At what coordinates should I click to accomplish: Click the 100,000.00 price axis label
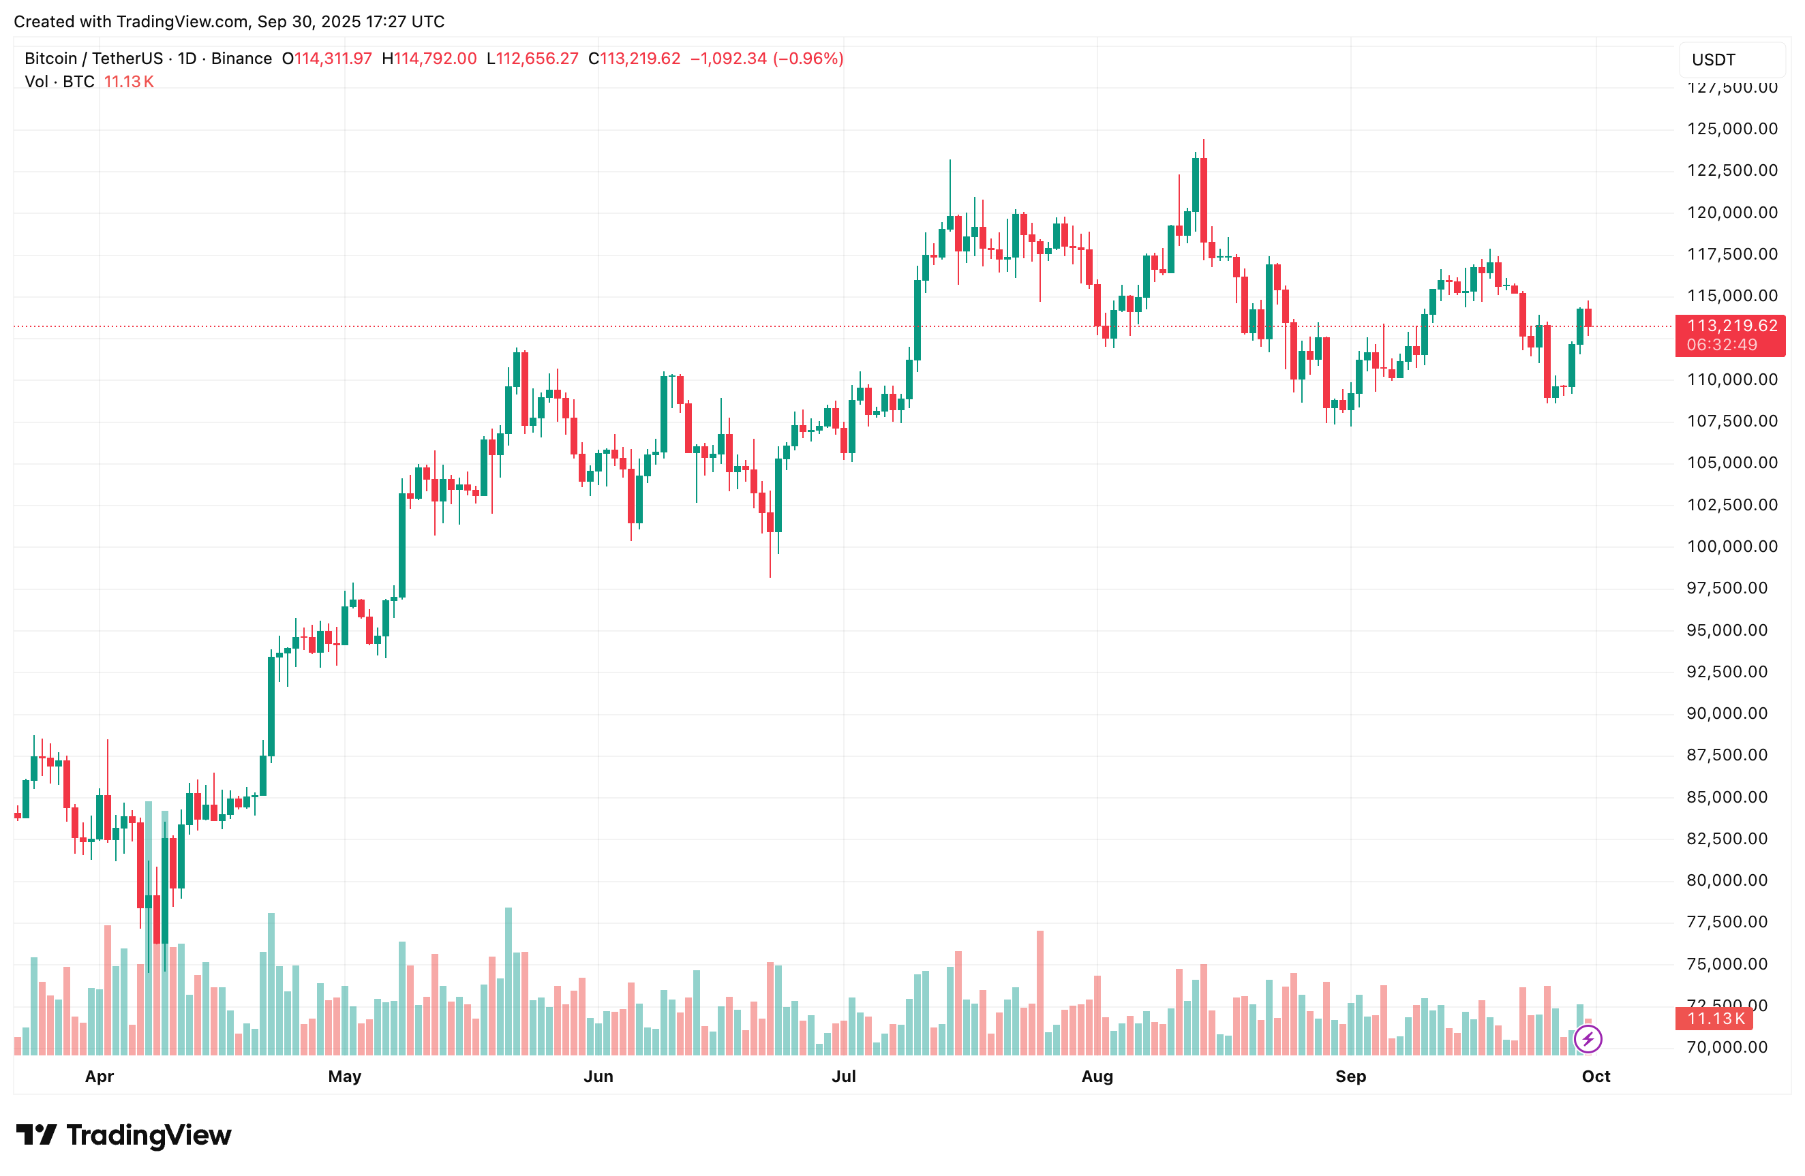tap(1731, 546)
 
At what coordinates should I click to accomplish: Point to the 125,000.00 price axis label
tap(1731, 128)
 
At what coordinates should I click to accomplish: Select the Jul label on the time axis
tap(843, 1076)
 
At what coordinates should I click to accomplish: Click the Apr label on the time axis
tap(100, 1076)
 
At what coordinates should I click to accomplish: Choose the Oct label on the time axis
tap(1596, 1076)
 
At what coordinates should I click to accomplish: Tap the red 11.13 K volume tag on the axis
tap(1715, 1019)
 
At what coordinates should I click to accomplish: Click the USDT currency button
tap(1713, 59)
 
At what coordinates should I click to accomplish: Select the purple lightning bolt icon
tap(1588, 1038)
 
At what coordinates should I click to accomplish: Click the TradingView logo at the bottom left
tap(123, 1135)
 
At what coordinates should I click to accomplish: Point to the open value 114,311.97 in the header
tap(333, 59)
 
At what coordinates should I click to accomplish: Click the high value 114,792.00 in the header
tap(435, 59)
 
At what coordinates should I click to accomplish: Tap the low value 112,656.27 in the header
tap(537, 59)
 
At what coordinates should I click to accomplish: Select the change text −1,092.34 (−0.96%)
tap(766, 59)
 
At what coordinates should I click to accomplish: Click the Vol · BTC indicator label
tap(59, 82)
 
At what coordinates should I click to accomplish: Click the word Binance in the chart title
tap(241, 59)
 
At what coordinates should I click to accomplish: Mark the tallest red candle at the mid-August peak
tap(1204, 200)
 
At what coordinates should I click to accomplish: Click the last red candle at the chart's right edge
tap(1588, 318)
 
